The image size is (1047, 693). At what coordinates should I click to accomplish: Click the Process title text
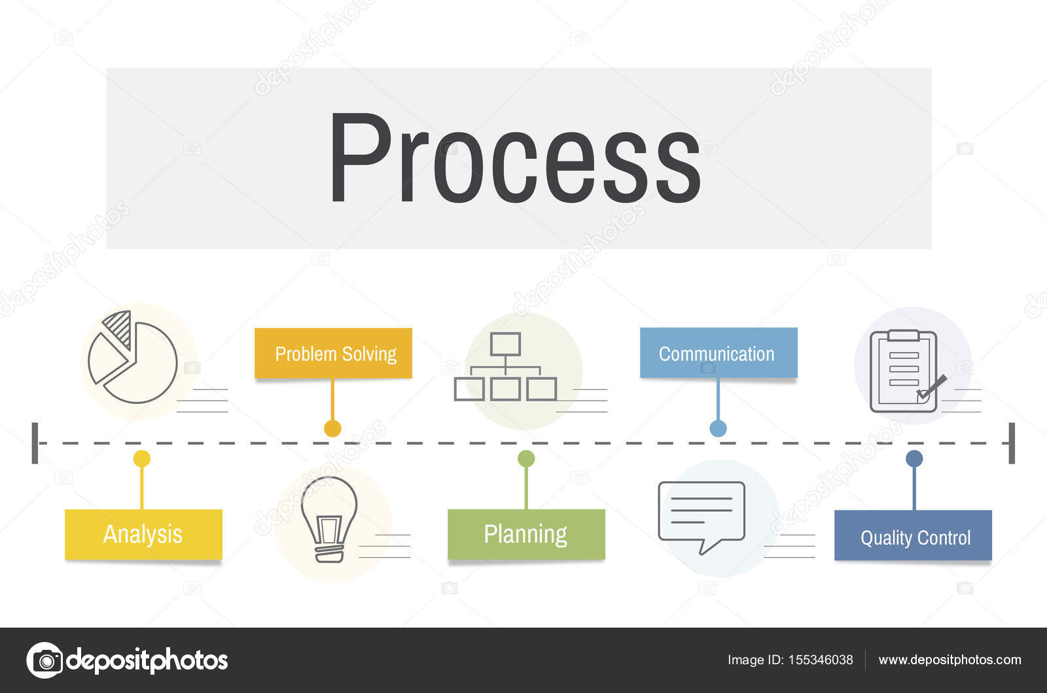pyautogui.click(x=515, y=158)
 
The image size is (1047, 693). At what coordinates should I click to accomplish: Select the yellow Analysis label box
pyautogui.click(x=143, y=534)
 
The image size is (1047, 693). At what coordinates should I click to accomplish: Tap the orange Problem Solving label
pyautogui.click(x=333, y=353)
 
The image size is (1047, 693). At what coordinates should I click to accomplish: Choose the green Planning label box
pyautogui.click(x=526, y=534)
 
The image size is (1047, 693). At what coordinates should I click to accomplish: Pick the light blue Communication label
pyautogui.click(x=719, y=353)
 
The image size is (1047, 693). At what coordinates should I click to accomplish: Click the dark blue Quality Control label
pyautogui.click(x=913, y=535)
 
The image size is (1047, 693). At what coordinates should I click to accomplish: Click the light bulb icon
pyautogui.click(x=329, y=519)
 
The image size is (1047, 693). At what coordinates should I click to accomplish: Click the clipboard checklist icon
pyautogui.click(x=905, y=371)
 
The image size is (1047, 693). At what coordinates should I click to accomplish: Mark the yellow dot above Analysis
pyautogui.click(x=141, y=458)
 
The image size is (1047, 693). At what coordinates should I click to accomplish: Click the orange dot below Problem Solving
pyautogui.click(x=332, y=428)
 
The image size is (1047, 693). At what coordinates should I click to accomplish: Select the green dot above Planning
pyautogui.click(x=526, y=458)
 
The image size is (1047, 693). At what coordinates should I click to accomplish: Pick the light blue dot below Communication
pyautogui.click(x=718, y=428)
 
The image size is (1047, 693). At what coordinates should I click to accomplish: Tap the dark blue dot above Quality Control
pyautogui.click(x=914, y=458)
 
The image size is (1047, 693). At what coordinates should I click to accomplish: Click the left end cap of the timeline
pyautogui.click(x=35, y=443)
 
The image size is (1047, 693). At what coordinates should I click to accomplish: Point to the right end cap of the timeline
pyautogui.click(x=1012, y=443)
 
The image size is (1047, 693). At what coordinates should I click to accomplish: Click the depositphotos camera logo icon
pyautogui.click(x=45, y=660)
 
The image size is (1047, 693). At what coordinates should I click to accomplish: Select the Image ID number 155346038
pyautogui.click(x=821, y=660)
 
